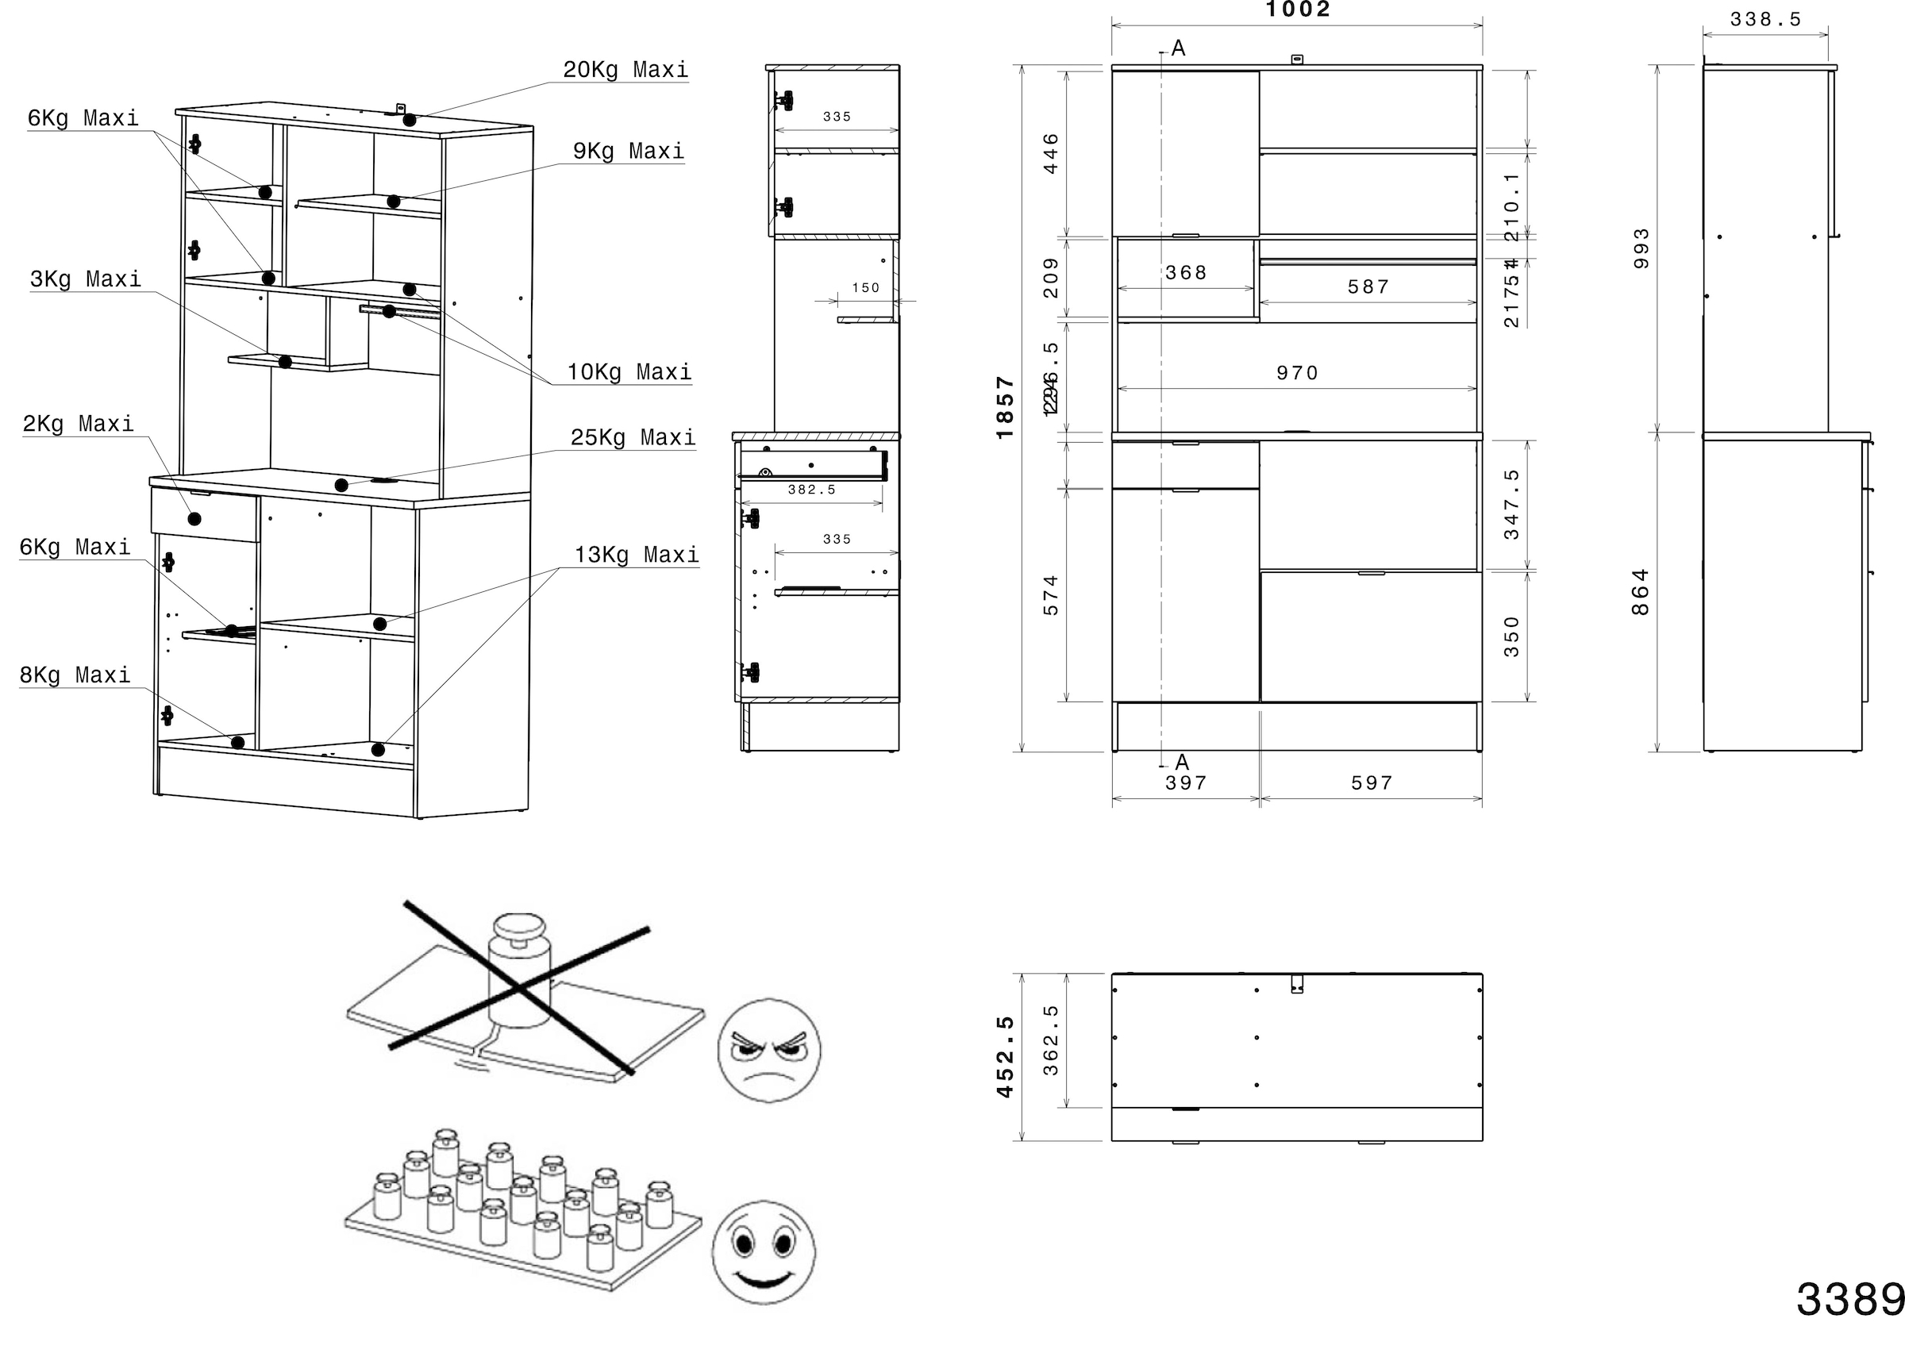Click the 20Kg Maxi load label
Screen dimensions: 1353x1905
tap(625, 70)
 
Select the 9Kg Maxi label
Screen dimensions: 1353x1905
tap(629, 152)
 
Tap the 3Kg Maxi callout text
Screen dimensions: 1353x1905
tap(85, 279)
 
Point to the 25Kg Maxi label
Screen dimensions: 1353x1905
tap(633, 438)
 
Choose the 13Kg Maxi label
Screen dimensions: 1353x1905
tap(636, 555)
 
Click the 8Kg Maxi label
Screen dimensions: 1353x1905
tap(75, 675)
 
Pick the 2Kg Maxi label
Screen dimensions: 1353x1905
tap(78, 424)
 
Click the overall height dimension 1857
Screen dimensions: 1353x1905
tap(1005, 407)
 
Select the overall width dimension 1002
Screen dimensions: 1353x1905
tap(1298, 10)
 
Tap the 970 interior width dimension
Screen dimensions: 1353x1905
tap(1298, 373)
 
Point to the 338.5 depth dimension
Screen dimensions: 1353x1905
tap(1765, 19)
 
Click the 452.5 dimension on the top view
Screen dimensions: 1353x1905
tap(1005, 1056)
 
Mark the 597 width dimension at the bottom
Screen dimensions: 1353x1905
tap(1372, 783)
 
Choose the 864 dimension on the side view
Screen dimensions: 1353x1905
tap(1640, 591)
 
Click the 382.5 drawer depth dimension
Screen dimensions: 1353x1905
tap(812, 490)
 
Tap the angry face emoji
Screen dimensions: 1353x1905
tap(768, 1050)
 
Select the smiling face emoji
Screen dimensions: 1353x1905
tap(764, 1251)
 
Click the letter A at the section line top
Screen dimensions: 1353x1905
tap(1179, 48)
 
